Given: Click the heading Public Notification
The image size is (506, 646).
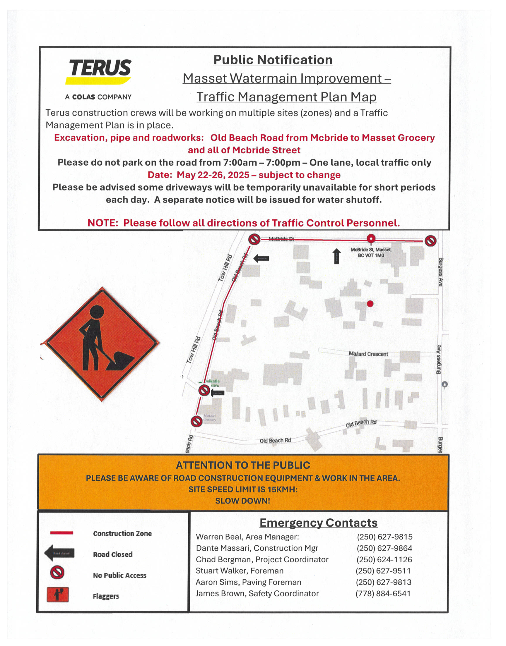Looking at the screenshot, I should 273,60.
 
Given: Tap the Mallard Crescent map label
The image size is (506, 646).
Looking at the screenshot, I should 368,354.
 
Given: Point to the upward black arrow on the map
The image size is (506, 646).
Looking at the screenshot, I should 336,256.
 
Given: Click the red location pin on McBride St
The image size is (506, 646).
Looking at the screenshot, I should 371,238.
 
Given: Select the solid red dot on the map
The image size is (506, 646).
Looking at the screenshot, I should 370,304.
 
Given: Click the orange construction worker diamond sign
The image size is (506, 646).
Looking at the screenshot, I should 102,344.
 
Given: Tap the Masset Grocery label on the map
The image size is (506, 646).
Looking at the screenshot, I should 210,418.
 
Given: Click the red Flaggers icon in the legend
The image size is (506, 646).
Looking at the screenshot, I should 57,595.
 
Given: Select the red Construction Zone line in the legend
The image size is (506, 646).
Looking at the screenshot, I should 61,533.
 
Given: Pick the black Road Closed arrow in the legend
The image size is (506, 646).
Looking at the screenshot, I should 59,553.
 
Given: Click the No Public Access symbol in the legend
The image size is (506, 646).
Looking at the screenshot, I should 57,572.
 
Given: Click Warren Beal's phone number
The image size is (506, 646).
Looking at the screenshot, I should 384,537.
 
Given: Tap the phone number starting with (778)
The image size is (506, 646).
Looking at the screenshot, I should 383,594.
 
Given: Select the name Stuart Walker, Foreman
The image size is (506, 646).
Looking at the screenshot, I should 239,571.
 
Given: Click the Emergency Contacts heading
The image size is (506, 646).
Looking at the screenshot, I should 319,523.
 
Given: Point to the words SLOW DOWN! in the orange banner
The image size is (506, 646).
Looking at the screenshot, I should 243,501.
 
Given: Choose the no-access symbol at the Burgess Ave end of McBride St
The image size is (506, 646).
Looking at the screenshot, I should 430,240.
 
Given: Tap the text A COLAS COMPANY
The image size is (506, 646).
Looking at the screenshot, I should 98,97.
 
